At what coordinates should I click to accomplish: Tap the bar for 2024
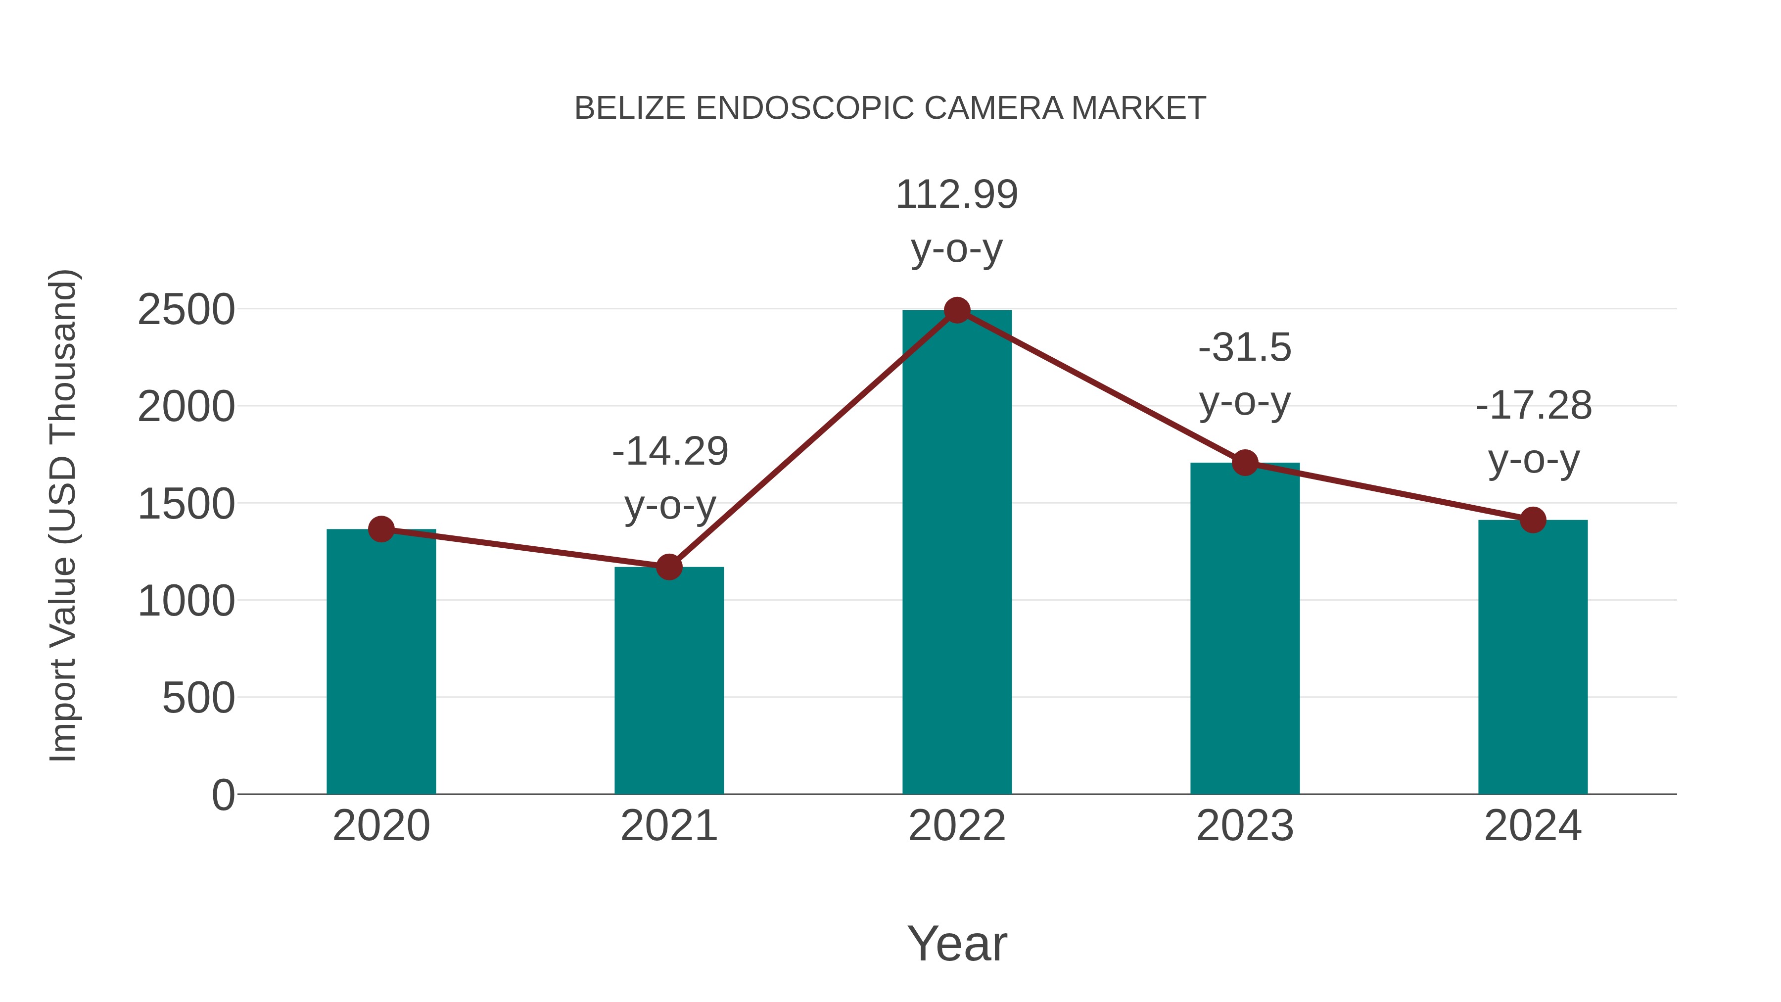coord(1532,657)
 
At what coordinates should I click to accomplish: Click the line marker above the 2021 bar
coord(668,567)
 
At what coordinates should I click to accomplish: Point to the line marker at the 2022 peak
coord(956,310)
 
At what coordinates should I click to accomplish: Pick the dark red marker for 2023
coord(1245,463)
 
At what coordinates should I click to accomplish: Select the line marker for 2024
coord(1533,520)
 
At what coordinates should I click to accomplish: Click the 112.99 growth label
coord(956,194)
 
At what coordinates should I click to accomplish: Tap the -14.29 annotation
coord(670,452)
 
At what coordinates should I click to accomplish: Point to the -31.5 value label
coord(1245,347)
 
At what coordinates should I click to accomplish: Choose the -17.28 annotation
coord(1534,405)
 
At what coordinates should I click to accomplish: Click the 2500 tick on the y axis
coord(186,310)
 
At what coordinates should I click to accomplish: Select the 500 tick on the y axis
coord(198,698)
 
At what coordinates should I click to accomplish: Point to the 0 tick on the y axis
coord(223,795)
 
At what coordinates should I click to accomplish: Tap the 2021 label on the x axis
coord(668,826)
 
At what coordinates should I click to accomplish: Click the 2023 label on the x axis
coord(1245,826)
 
